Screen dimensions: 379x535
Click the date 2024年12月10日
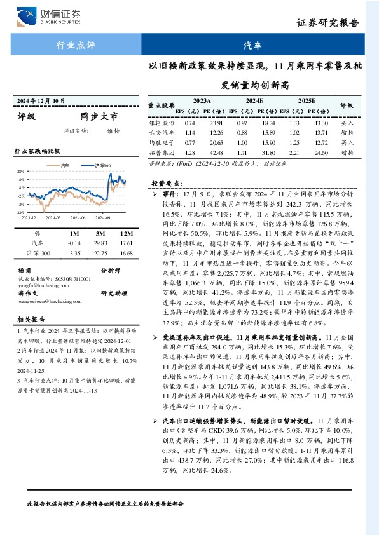tap(43, 100)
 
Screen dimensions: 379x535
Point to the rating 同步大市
tap(99, 117)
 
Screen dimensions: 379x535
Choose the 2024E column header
tap(252, 100)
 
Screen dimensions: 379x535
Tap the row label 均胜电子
tap(162, 143)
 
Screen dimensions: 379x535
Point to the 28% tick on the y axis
tap(21, 172)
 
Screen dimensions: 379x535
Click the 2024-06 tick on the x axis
tap(78, 217)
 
